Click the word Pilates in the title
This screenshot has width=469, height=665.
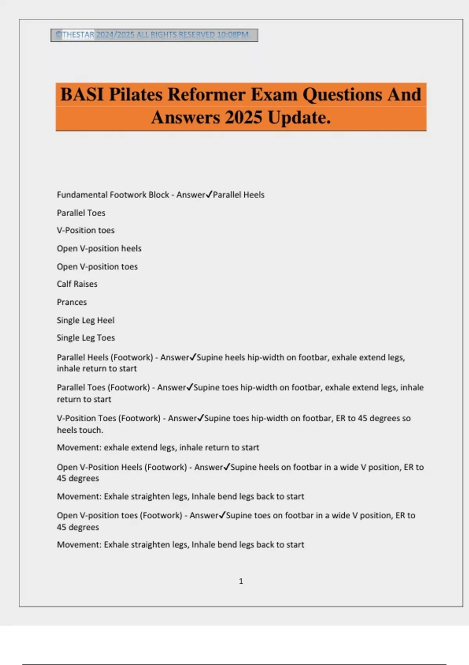[x=135, y=95]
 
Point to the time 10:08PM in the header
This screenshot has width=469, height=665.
[x=233, y=35]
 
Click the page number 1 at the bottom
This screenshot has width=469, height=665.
[x=241, y=581]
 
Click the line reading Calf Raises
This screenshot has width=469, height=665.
[x=77, y=284]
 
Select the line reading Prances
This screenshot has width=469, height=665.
[x=72, y=302]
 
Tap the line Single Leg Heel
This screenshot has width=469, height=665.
[x=85, y=320]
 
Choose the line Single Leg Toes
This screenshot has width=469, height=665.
[x=86, y=338]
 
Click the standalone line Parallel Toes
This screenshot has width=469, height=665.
[x=81, y=213]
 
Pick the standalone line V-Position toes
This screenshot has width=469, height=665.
[x=85, y=230]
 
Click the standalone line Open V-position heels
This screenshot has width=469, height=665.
[x=99, y=248]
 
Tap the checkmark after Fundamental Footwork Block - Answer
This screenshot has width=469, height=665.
[x=209, y=194]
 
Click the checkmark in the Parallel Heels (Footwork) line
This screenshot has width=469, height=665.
[x=193, y=357]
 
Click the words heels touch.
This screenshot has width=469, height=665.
[x=80, y=430]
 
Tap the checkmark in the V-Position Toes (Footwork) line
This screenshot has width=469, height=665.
[x=200, y=418]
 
